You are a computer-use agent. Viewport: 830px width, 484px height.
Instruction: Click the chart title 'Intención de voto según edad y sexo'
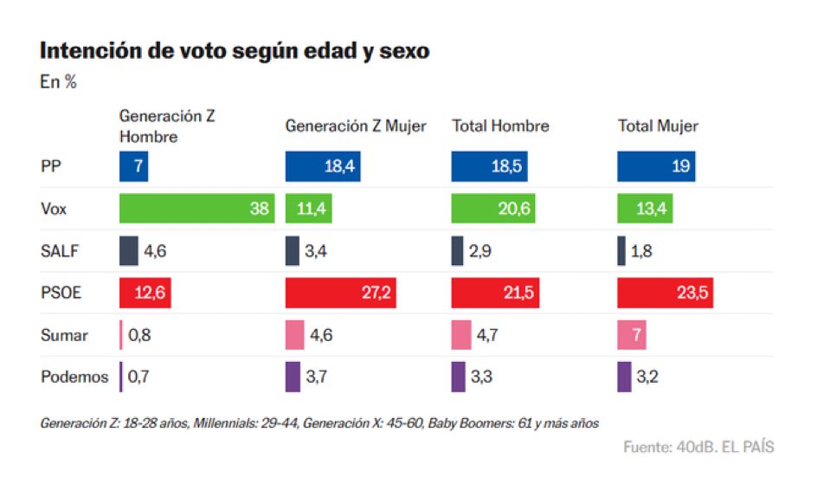235,50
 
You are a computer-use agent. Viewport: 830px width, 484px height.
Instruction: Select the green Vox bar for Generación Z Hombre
196,208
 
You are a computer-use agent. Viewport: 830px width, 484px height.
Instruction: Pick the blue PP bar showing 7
133,166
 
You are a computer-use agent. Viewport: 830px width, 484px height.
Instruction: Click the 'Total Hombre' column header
500,126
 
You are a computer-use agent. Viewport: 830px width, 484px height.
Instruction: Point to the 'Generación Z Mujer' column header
356,126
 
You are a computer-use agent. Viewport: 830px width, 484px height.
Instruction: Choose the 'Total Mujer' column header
658,126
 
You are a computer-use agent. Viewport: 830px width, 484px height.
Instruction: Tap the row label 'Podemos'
74,377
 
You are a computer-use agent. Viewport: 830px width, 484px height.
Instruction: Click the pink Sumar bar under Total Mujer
632,335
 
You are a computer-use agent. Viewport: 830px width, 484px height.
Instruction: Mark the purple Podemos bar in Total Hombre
458,377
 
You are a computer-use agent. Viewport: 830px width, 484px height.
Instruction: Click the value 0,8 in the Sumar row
139,335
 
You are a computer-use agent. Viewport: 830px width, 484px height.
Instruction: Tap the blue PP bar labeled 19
656,166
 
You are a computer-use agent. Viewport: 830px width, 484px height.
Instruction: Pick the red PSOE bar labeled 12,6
145,293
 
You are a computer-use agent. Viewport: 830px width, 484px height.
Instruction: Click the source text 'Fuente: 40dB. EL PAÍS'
698,447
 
